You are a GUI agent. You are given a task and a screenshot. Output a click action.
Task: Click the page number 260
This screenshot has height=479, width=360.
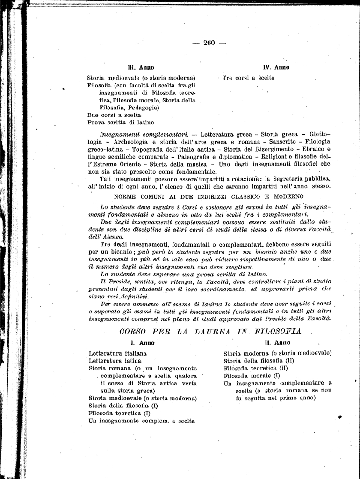[x=209, y=43]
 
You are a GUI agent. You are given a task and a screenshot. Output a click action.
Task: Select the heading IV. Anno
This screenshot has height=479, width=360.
[x=276, y=67]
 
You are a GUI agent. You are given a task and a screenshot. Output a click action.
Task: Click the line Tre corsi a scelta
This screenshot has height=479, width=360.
[x=248, y=78]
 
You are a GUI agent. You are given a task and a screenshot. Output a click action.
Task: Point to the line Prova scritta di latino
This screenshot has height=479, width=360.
[x=121, y=123]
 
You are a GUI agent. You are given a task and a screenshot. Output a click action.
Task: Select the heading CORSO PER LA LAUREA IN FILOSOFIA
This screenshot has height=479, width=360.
[x=210, y=331]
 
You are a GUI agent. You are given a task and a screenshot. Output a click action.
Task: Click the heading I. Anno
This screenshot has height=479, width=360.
[x=143, y=343]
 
